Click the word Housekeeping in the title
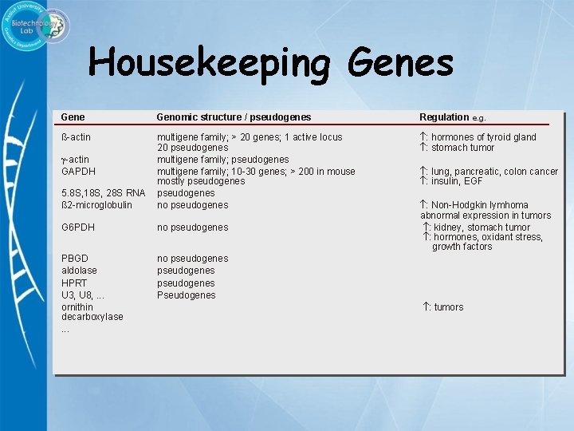(x=210, y=63)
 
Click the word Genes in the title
(x=401, y=63)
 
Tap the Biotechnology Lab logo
(x=36, y=26)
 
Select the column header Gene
(x=73, y=117)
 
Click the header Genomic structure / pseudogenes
(x=234, y=117)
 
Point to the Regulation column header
(x=444, y=117)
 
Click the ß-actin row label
(x=76, y=137)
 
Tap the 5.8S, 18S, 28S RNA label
(x=103, y=193)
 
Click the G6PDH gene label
(x=78, y=227)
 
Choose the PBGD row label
(x=75, y=259)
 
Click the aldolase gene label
(x=79, y=271)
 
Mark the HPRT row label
(x=74, y=283)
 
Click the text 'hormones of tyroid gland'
(x=483, y=137)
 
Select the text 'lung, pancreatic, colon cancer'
(x=494, y=172)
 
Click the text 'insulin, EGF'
(x=457, y=182)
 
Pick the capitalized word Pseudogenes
(x=186, y=295)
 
